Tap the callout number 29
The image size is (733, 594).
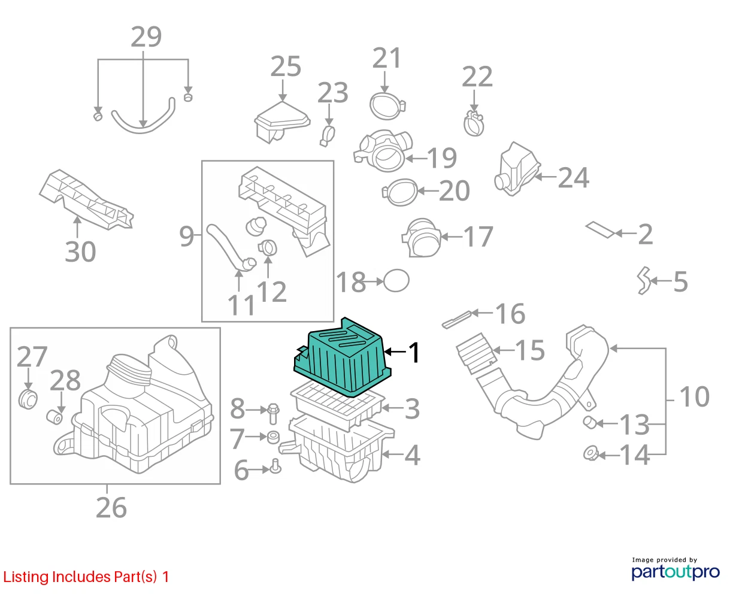(x=146, y=37)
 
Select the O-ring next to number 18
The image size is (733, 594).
(x=396, y=280)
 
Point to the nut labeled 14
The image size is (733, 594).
(x=591, y=454)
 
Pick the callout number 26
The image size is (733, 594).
(x=111, y=508)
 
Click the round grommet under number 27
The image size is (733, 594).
(x=28, y=399)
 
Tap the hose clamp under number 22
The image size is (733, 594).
(x=474, y=123)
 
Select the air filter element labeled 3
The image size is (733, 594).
(x=337, y=406)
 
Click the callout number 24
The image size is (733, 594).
(x=573, y=178)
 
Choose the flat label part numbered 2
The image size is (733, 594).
(x=600, y=229)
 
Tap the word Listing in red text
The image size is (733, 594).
(x=26, y=577)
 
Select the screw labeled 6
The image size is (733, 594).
(x=275, y=466)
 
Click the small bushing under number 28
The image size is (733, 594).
(x=54, y=417)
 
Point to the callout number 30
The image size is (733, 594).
(x=80, y=251)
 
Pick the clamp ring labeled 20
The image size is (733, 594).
(x=400, y=192)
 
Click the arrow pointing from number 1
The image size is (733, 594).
(x=395, y=351)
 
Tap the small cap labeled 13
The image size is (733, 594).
(x=590, y=422)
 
